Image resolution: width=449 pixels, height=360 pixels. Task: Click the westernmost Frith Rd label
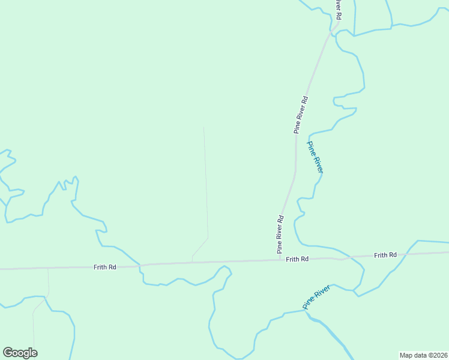(x=104, y=267)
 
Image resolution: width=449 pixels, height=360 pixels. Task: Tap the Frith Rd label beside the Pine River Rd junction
(x=297, y=259)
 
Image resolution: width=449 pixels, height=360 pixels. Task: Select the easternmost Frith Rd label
(x=385, y=255)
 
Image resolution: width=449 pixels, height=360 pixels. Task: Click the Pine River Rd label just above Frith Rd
(x=280, y=235)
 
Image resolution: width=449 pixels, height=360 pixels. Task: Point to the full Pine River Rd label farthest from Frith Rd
(x=301, y=114)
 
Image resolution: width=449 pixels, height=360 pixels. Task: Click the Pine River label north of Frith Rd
(x=315, y=157)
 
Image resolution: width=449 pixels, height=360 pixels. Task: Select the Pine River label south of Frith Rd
(x=316, y=297)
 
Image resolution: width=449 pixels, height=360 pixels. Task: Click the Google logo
(x=20, y=353)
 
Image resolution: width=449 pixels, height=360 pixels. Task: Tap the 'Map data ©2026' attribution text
(x=424, y=355)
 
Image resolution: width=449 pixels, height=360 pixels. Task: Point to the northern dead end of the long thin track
(x=204, y=127)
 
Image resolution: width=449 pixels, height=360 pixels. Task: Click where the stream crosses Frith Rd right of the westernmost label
(x=140, y=265)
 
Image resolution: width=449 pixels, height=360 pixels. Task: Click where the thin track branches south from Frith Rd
(x=48, y=268)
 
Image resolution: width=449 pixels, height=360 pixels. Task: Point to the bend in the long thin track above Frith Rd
(x=208, y=238)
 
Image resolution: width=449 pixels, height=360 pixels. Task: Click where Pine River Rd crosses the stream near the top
(x=330, y=31)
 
